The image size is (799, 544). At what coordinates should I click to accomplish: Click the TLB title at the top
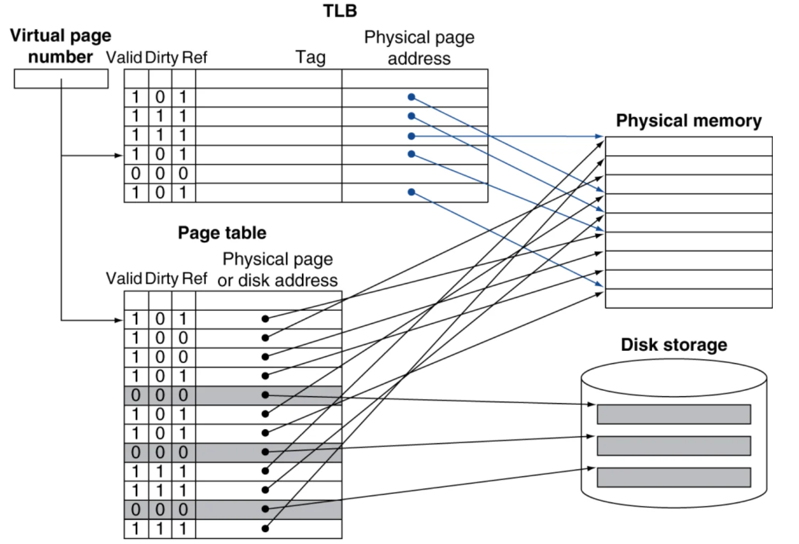(340, 11)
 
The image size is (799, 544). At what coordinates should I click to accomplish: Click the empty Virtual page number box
(61, 79)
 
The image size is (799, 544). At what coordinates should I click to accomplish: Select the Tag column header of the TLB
(311, 58)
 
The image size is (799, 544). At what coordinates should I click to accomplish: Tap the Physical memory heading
(689, 121)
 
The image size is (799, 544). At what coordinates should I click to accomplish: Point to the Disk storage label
(674, 345)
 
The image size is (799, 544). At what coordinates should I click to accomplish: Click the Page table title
(222, 233)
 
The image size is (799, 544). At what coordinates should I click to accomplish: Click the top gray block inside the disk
(674, 414)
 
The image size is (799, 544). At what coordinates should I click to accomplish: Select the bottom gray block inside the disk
(674, 477)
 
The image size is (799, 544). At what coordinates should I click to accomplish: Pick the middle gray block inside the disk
(674, 446)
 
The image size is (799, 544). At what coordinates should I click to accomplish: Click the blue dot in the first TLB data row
(412, 97)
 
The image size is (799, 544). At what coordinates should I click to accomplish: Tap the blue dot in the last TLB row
(412, 192)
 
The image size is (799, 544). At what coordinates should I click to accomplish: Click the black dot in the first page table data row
(265, 319)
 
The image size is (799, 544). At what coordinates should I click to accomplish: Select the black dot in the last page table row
(265, 529)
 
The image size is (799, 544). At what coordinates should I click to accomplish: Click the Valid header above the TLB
(124, 58)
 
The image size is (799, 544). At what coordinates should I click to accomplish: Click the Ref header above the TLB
(194, 58)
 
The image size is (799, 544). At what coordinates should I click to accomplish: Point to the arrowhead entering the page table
(119, 320)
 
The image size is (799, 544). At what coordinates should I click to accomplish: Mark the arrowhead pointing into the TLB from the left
(119, 155)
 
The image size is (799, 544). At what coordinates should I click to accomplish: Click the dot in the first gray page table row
(265, 395)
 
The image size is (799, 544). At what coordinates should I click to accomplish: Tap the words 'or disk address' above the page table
(278, 281)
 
